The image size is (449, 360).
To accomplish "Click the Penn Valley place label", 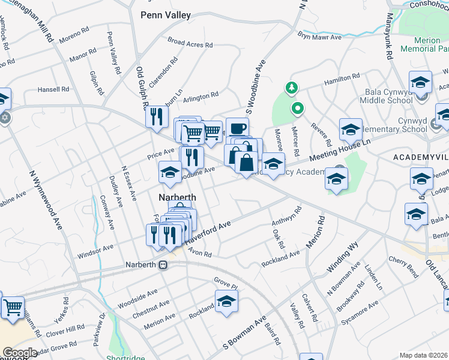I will (x=166, y=15).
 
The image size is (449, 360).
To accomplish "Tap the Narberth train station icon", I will (x=163, y=265).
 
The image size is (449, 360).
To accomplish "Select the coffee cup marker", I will (x=237, y=129).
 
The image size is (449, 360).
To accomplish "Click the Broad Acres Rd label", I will (x=190, y=43).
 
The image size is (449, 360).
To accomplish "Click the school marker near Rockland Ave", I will (x=226, y=302).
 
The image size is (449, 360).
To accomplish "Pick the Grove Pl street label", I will (x=226, y=280).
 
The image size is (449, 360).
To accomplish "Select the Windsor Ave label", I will (x=95, y=248).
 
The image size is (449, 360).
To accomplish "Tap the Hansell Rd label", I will (x=53, y=89).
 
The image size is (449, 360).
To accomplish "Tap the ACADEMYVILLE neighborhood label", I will (x=421, y=156).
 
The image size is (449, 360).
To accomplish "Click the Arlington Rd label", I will (x=200, y=96).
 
